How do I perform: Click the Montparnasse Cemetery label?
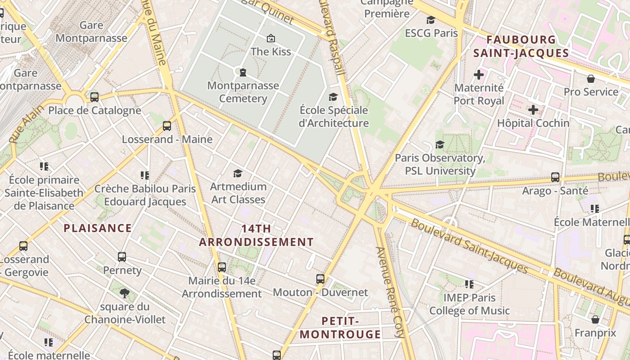[243, 92]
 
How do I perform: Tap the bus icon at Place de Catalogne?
[94, 97]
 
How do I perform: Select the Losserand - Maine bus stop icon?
[167, 126]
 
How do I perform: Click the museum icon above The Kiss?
[270, 38]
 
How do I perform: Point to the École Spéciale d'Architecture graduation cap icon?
[333, 97]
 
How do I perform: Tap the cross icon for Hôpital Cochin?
[533, 110]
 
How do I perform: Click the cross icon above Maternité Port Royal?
[479, 75]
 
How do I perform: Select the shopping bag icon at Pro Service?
[591, 79]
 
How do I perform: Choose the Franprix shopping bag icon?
[595, 320]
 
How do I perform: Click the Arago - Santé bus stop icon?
[555, 177]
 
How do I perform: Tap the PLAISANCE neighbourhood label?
[98, 228]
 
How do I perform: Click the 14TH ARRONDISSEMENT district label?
[256, 235]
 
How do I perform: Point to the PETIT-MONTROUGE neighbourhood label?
[340, 328]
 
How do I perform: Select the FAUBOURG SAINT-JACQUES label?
[521, 46]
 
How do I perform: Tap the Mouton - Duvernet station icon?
[320, 279]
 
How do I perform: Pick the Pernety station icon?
[122, 257]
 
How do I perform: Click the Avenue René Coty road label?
[390, 292]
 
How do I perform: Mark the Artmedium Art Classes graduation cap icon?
[238, 174]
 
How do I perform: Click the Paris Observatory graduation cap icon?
[440, 145]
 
